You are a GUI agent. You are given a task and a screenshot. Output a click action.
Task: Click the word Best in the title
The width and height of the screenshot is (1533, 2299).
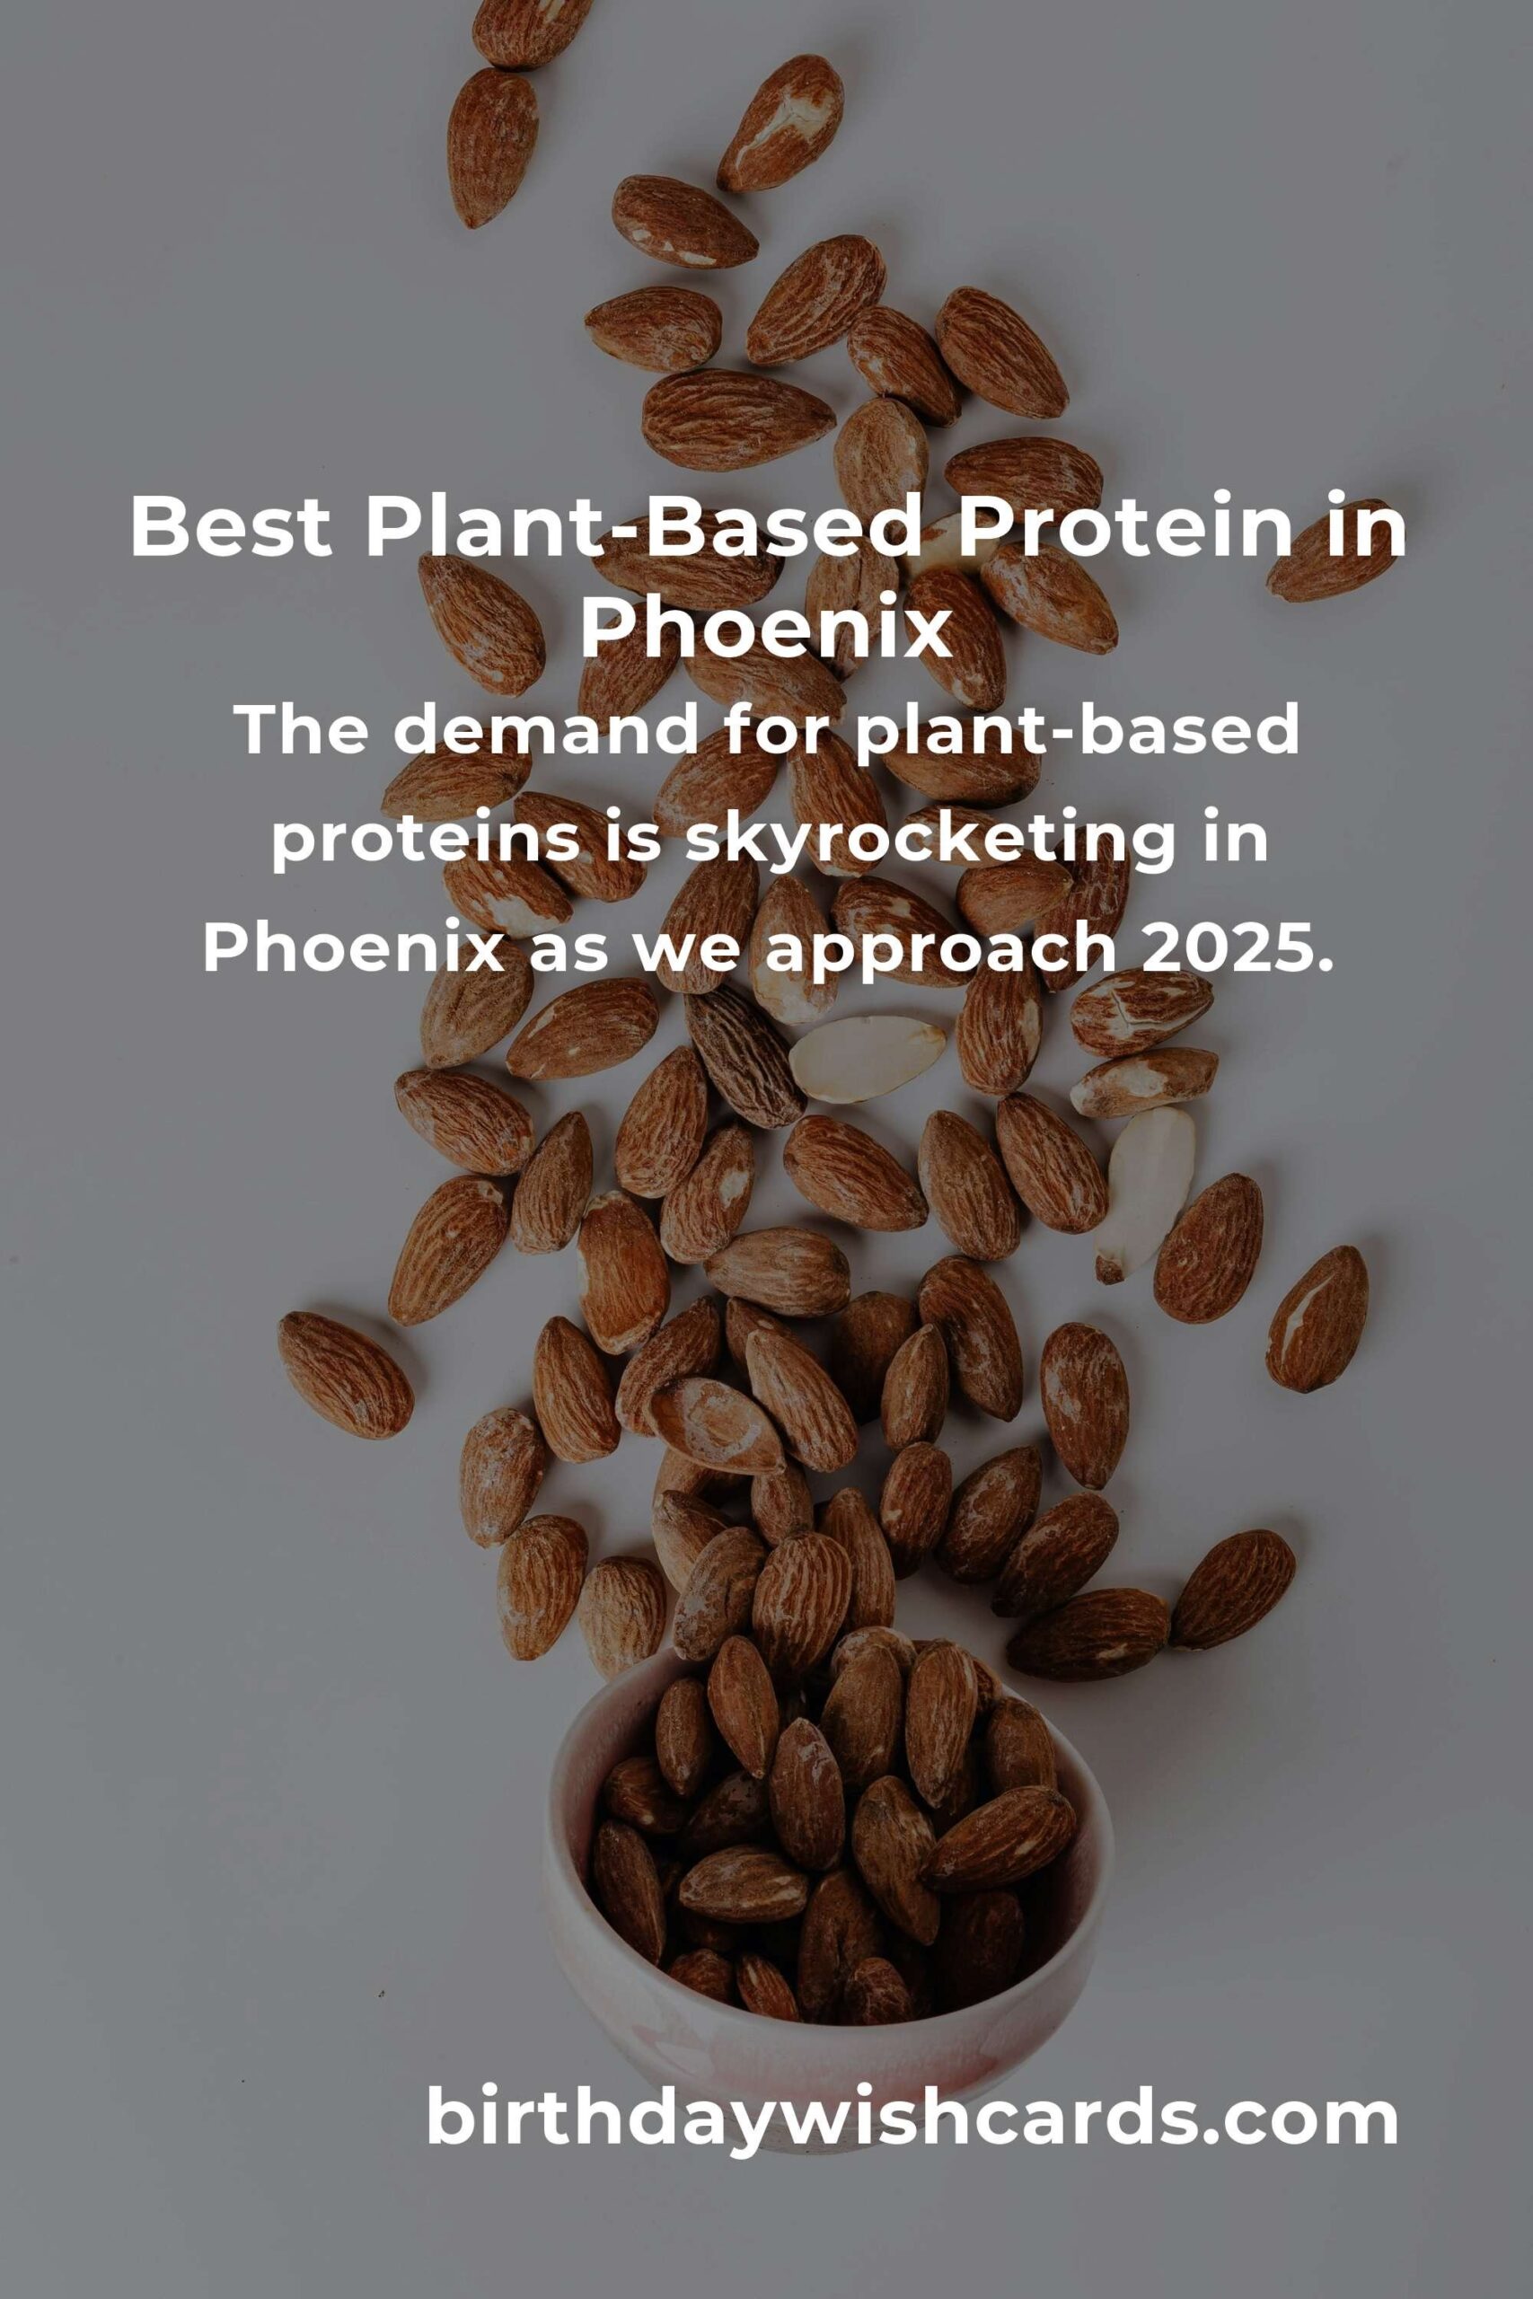pyautogui.click(x=231, y=527)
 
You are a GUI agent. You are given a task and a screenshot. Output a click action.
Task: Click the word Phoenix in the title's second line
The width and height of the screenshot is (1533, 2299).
pyautogui.click(x=767, y=630)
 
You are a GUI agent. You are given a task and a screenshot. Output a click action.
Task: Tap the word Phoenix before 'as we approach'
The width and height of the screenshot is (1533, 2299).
pyautogui.click(x=353, y=948)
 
